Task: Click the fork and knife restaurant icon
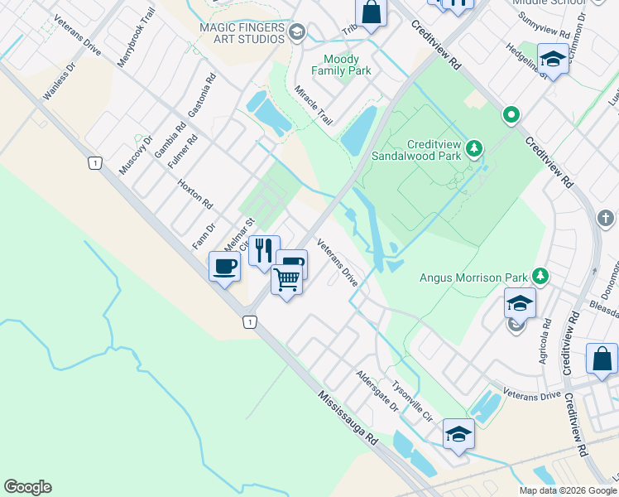point(264,249)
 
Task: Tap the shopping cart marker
point(286,281)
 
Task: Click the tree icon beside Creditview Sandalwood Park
point(474,149)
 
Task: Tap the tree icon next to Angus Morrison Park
point(540,275)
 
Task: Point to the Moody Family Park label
point(347,65)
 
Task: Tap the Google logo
point(27,487)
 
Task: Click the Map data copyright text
point(567,490)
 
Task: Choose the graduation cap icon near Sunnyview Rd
point(552,59)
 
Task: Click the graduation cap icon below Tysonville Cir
point(458,433)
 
